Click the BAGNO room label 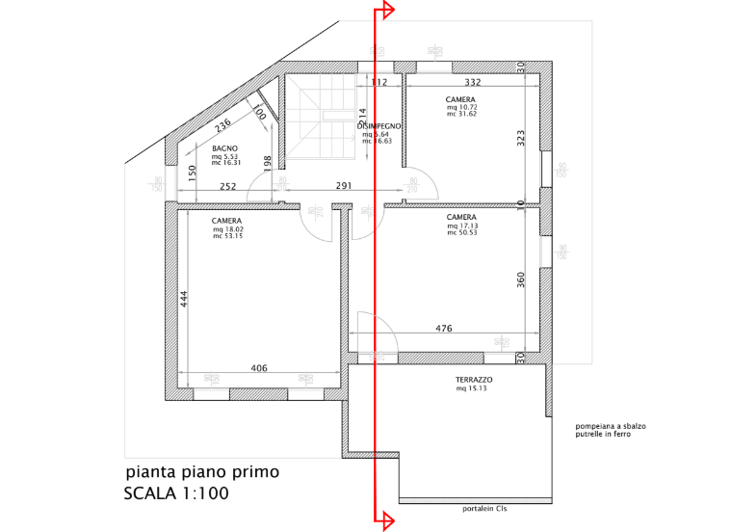tap(225, 148)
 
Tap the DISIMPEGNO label tap(379, 126)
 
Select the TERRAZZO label tap(474, 381)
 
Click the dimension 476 tap(444, 329)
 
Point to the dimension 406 tap(259, 368)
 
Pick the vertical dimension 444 tap(183, 301)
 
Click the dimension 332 tap(473, 83)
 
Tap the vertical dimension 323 tap(521, 137)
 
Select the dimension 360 tap(521, 280)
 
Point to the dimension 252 tap(227, 187)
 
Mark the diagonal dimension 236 tap(222, 125)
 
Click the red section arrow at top tap(388, 11)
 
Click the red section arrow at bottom tap(388, 521)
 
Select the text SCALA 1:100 tap(176, 494)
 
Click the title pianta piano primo tap(202, 472)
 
